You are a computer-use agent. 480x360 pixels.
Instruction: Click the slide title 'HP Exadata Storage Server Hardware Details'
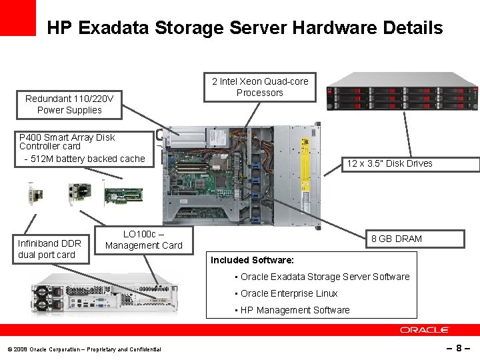click(x=245, y=28)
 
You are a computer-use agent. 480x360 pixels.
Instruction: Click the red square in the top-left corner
click(x=18, y=17)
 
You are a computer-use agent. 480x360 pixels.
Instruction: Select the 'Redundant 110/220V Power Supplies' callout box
click(x=69, y=104)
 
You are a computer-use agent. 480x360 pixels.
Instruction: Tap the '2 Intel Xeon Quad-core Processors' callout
click(x=260, y=87)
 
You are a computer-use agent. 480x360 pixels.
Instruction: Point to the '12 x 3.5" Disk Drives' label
click(x=389, y=163)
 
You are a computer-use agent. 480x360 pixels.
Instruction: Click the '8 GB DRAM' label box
click(x=396, y=239)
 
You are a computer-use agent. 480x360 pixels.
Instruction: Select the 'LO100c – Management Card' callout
click(x=143, y=239)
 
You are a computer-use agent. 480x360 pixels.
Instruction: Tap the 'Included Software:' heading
click(x=252, y=260)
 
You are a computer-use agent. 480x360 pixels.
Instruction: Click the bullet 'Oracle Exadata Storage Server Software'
click(x=325, y=277)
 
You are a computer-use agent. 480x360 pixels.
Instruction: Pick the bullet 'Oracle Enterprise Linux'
click(x=289, y=293)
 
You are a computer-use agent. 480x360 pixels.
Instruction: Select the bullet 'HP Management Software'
click(x=295, y=310)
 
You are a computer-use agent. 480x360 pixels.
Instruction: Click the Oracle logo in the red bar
click(x=425, y=330)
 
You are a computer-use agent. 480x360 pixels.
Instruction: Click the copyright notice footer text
click(x=84, y=349)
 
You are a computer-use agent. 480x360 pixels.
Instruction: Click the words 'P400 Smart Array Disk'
click(x=67, y=137)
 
